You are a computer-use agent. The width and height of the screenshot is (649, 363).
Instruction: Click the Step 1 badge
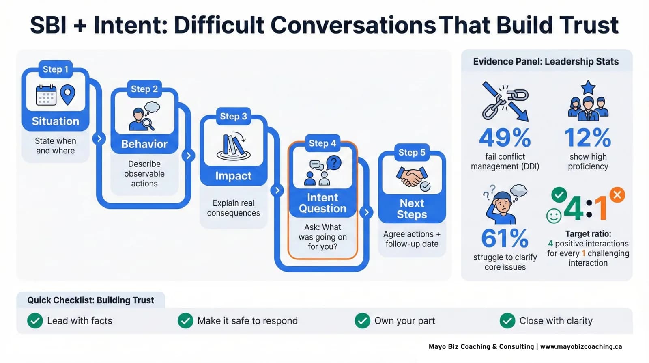click(55, 69)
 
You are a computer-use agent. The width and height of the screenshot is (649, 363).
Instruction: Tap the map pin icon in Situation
click(68, 94)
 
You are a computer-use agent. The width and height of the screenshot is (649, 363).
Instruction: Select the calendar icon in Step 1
click(46, 95)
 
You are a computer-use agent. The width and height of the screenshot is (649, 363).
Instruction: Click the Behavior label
click(144, 144)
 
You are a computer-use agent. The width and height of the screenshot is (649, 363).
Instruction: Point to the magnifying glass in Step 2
click(148, 123)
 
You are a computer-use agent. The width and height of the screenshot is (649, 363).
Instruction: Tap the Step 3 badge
click(233, 117)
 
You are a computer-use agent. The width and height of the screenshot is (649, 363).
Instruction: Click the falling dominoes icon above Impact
click(233, 145)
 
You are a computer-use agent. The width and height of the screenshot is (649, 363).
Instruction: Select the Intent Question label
click(322, 203)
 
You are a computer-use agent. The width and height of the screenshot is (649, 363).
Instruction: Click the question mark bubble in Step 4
click(334, 163)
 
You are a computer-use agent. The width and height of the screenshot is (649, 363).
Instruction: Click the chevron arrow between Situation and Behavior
click(99, 138)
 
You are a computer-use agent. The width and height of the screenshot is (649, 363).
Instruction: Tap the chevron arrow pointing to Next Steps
click(366, 212)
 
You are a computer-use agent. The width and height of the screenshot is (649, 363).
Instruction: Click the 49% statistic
click(505, 138)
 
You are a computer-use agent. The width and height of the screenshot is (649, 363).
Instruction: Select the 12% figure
click(588, 138)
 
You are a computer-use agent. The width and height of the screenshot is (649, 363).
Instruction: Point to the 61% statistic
click(505, 238)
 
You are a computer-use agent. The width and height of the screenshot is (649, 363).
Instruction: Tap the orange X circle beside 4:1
click(617, 195)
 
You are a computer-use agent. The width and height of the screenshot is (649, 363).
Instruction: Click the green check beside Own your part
click(362, 321)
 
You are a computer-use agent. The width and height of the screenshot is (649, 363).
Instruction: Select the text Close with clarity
click(556, 321)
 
